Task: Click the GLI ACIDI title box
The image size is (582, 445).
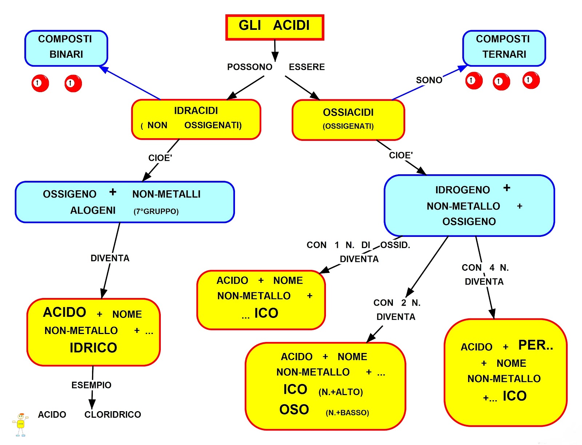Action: pyautogui.click(x=275, y=27)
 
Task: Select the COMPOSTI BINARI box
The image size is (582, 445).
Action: pyautogui.click(x=66, y=48)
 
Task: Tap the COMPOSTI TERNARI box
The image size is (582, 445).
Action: pyautogui.click(x=504, y=48)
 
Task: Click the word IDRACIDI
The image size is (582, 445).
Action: pyautogui.click(x=196, y=111)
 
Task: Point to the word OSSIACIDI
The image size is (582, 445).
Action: pyautogui.click(x=348, y=112)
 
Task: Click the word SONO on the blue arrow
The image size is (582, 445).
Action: pyautogui.click(x=429, y=80)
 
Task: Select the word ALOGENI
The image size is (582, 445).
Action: pyautogui.click(x=93, y=210)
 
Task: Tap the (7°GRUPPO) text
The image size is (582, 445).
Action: pyautogui.click(x=156, y=211)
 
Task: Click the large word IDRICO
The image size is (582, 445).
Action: pyautogui.click(x=93, y=348)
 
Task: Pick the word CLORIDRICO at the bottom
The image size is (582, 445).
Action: pyautogui.click(x=112, y=414)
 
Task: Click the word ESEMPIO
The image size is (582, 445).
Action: pyautogui.click(x=91, y=385)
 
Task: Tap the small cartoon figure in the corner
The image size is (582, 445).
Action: pyautogui.click(x=20, y=424)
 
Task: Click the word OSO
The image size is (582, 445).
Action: pyautogui.click(x=294, y=410)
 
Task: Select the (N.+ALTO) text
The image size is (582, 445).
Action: pyautogui.click(x=340, y=392)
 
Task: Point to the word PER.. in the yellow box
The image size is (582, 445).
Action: pyautogui.click(x=535, y=345)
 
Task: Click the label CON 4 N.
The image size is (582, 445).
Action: pyautogui.click(x=485, y=268)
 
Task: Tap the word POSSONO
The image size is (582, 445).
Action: pyautogui.click(x=250, y=67)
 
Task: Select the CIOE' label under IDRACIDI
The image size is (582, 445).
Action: pyautogui.click(x=160, y=158)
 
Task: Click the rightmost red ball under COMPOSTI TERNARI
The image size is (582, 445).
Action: pyautogui.click(x=531, y=80)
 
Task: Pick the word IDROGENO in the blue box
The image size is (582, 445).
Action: pyautogui.click(x=462, y=190)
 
